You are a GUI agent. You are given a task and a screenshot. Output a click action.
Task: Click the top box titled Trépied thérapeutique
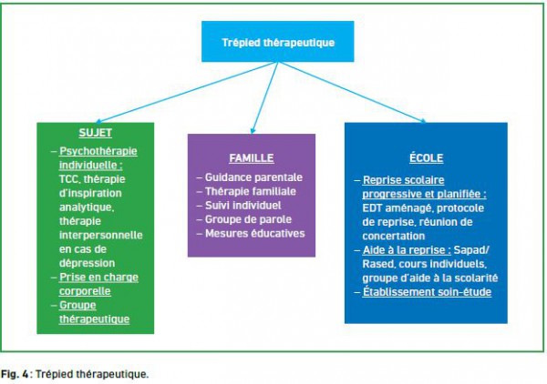(278, 42)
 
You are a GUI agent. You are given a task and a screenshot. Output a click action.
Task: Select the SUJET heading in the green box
(95, 133)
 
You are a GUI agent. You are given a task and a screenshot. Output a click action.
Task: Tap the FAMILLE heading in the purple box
(252, 158)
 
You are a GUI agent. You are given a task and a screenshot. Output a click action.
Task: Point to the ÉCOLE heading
(426, 157)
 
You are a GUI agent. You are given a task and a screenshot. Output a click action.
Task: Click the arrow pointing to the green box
(186, 92)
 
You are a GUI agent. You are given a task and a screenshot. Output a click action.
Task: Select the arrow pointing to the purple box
(265, 98)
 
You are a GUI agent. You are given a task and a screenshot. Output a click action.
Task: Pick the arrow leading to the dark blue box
(352, 92)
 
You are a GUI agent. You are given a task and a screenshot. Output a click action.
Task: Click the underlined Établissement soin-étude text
(427, 292)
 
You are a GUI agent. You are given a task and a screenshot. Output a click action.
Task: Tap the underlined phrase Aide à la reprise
(407, 250)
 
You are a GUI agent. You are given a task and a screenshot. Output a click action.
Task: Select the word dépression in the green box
(87, 263)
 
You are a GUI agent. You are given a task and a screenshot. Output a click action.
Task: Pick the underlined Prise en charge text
(98, 278)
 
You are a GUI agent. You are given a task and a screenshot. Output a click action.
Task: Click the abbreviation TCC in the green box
(69, 179)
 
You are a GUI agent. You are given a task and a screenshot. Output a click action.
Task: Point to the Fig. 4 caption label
(15, 374)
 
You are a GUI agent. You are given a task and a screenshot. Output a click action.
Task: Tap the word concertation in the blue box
(394, 236)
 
